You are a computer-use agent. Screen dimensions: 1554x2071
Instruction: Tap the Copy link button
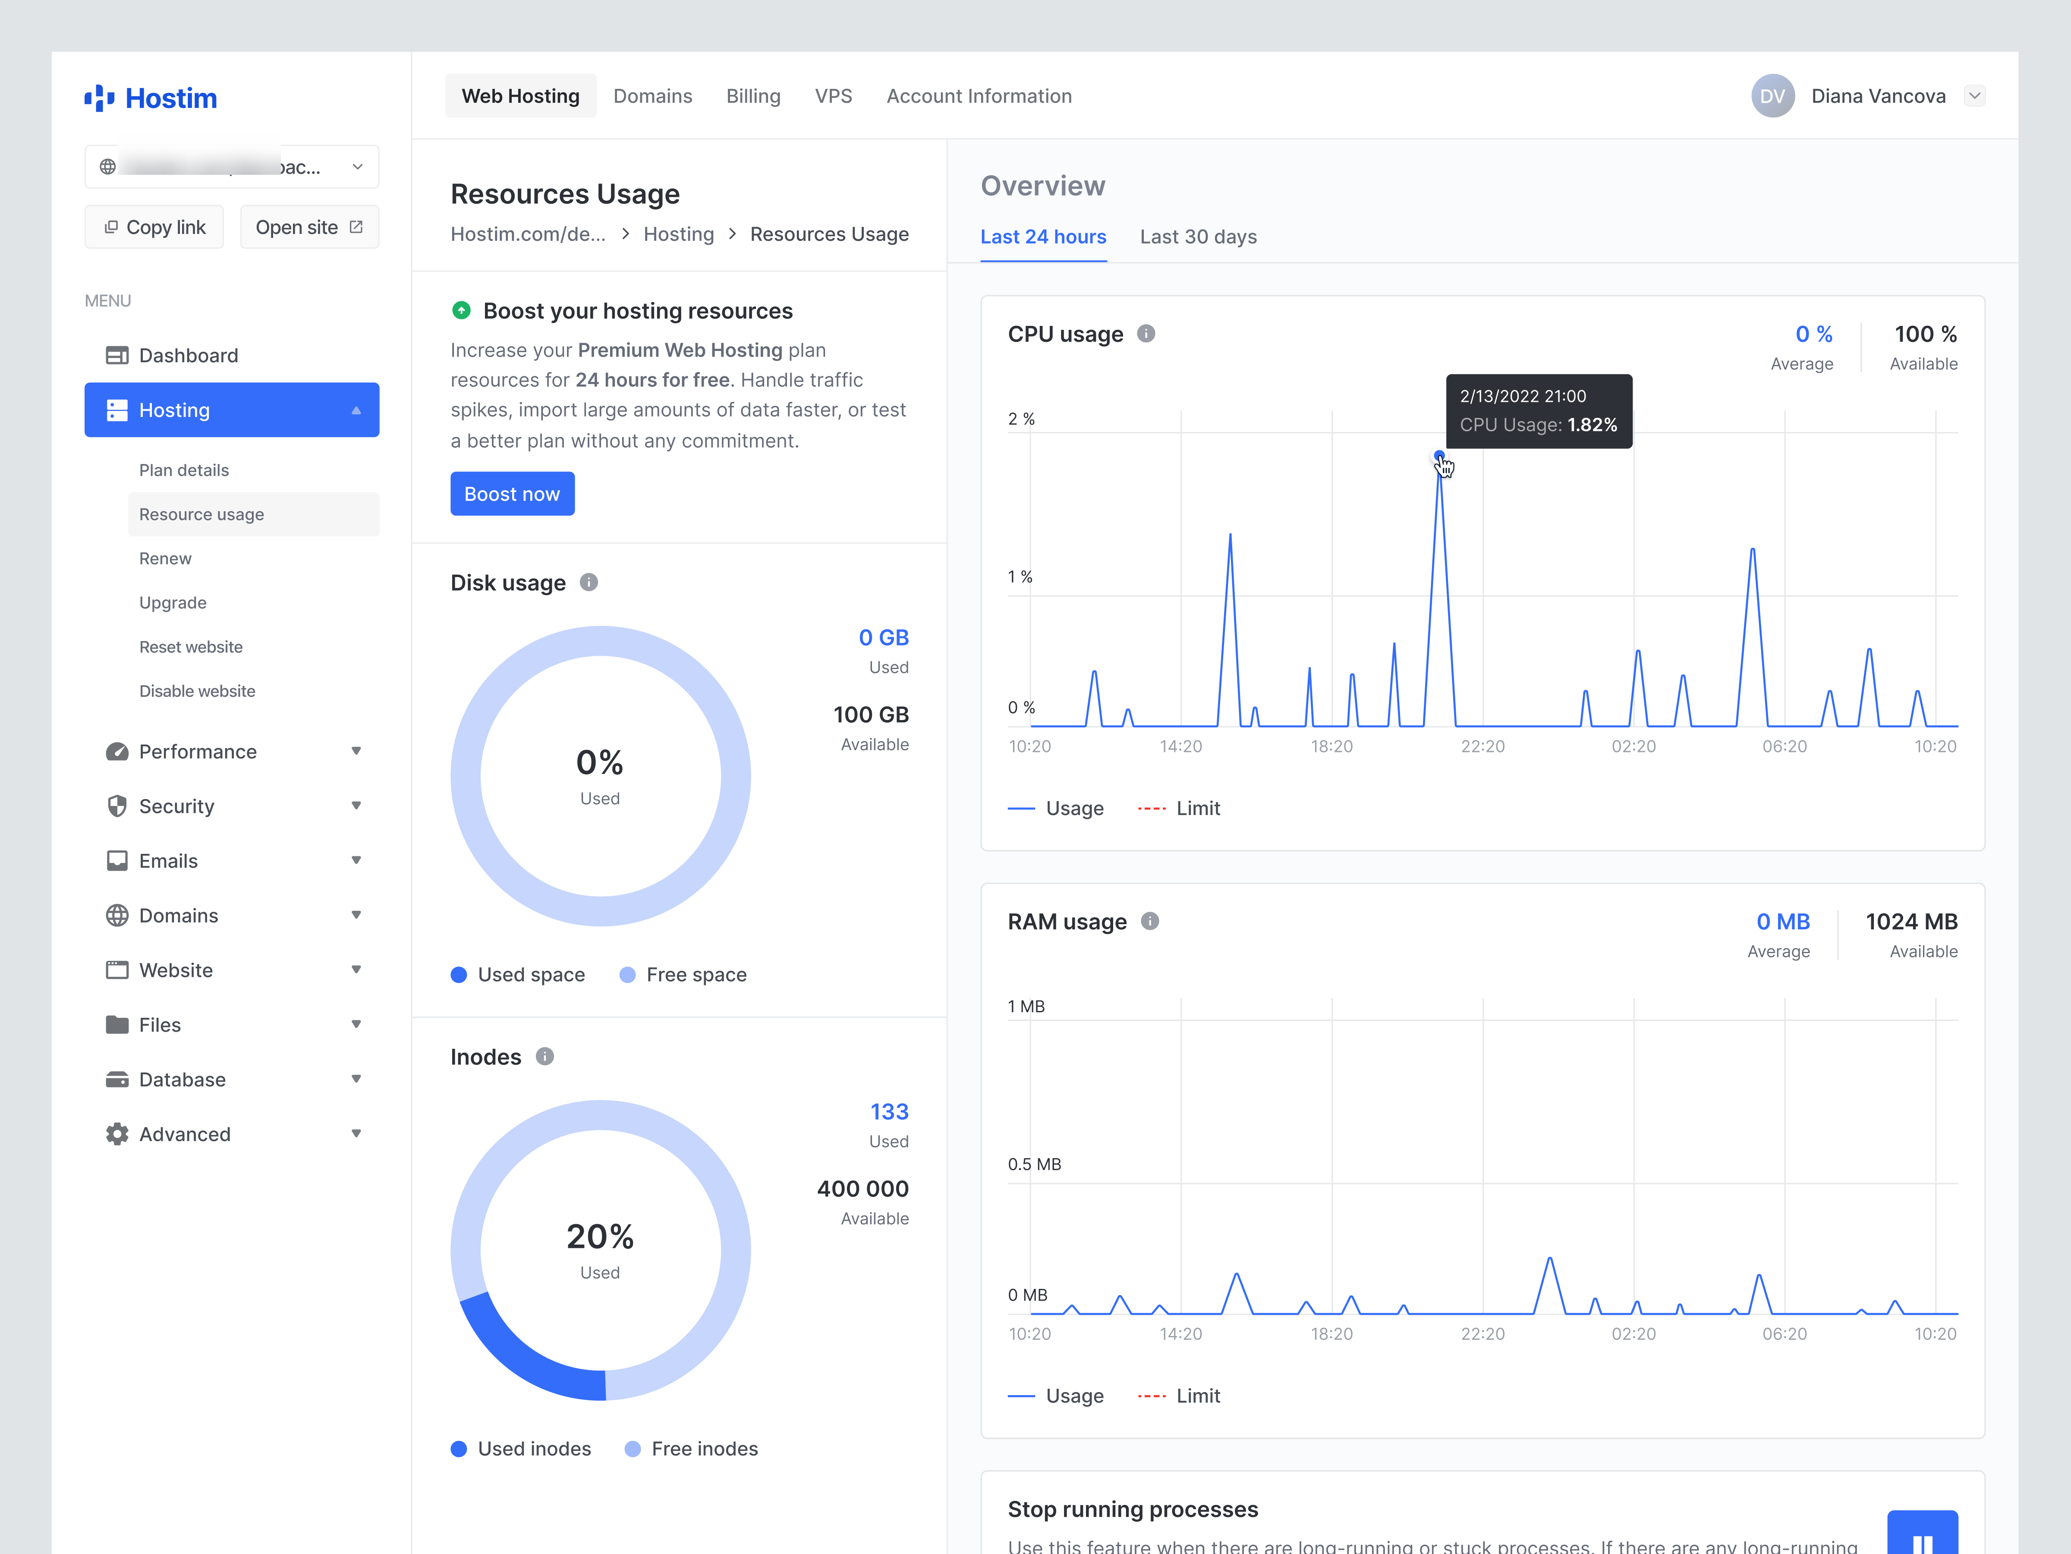[x=154, y=227]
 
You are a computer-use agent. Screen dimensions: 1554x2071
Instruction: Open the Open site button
[x=309, y=227]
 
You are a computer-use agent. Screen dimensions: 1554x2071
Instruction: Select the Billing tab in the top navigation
[x=753, y=97]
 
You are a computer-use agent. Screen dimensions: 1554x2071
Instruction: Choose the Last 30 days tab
[x=1197, y=237]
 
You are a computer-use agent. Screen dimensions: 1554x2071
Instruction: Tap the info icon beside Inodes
[x=545, y=1057]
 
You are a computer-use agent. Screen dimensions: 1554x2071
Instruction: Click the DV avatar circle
[x=1772, y=97]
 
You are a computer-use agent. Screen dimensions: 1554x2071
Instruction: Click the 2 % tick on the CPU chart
[x=1020, y=419]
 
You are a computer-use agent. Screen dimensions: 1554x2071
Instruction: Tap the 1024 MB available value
[x=1911, y=922]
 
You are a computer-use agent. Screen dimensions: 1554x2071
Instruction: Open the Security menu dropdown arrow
[x=356, y=805]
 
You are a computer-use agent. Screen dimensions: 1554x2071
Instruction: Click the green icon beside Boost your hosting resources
[x=461, y=310]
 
